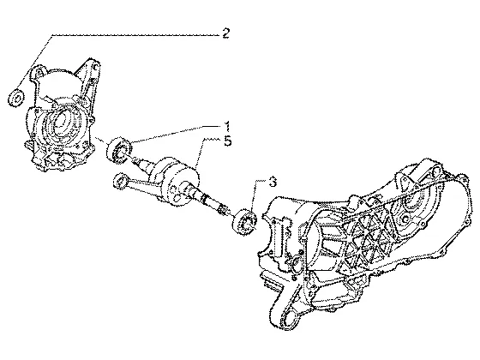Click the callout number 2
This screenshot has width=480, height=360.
[225, 33]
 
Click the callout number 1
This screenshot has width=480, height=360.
[227, 127]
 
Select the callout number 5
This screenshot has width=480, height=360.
[227, 141]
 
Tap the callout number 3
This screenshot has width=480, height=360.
[273, 182]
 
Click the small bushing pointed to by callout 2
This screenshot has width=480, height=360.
[15, 98]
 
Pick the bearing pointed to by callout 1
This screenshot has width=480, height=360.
[119, 150]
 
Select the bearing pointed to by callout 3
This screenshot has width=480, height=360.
[244, 222]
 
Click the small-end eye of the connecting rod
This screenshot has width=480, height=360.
[120, 181]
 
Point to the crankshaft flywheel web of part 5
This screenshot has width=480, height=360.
[181, 183]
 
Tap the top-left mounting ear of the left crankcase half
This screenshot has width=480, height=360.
[39, 72]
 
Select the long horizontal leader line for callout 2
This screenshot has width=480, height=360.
[136, 35]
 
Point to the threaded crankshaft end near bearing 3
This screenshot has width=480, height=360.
[223, 210]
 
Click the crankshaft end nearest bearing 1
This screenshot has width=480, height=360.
[134, 159]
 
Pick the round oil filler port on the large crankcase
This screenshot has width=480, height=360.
[297, 262]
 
